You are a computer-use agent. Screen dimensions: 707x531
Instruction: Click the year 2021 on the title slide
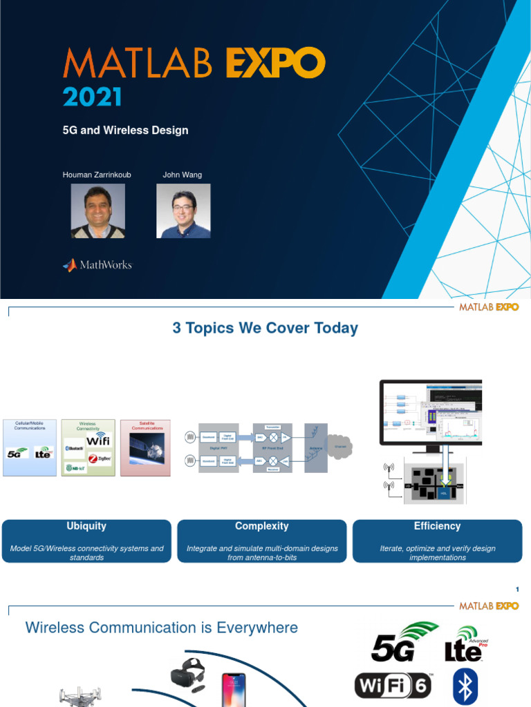[92, 97]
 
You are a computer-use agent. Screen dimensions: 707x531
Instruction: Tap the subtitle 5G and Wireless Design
[125, 130]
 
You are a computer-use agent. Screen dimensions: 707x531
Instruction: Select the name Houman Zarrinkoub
[97, 175]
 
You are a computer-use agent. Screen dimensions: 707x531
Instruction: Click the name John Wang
[182, 175]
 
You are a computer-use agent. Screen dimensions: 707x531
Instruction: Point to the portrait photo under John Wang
[183, 211]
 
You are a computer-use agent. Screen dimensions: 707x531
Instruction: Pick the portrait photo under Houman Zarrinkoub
[98, 211]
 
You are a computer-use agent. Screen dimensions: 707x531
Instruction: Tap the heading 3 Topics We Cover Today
[265, 328]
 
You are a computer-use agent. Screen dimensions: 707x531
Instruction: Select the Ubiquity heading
[86, 526]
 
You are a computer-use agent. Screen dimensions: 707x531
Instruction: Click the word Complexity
[262, 526]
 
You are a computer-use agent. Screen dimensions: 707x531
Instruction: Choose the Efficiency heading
[437, 526]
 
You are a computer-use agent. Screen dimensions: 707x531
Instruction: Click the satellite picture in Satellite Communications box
[147, 453]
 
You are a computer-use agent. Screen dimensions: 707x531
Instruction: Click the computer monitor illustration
[430, 413]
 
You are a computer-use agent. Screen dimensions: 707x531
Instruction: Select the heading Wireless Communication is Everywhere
[161, 628]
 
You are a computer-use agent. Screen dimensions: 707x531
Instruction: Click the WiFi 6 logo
[393, 686]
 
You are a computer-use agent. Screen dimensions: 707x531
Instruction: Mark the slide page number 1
[516, 589]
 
